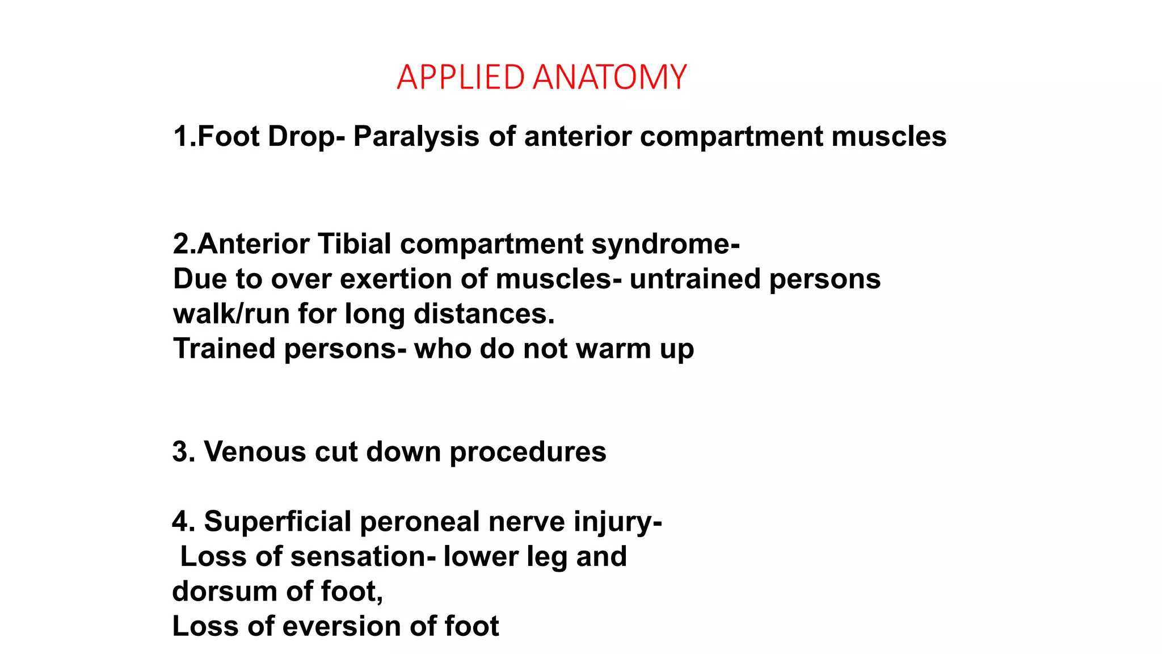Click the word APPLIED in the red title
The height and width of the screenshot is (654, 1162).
460,77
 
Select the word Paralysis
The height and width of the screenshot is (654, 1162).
416,137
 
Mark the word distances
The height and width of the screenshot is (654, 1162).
483,314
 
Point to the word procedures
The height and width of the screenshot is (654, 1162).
528,452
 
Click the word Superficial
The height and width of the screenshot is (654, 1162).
277,522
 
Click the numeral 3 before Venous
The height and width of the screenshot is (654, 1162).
180,452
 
